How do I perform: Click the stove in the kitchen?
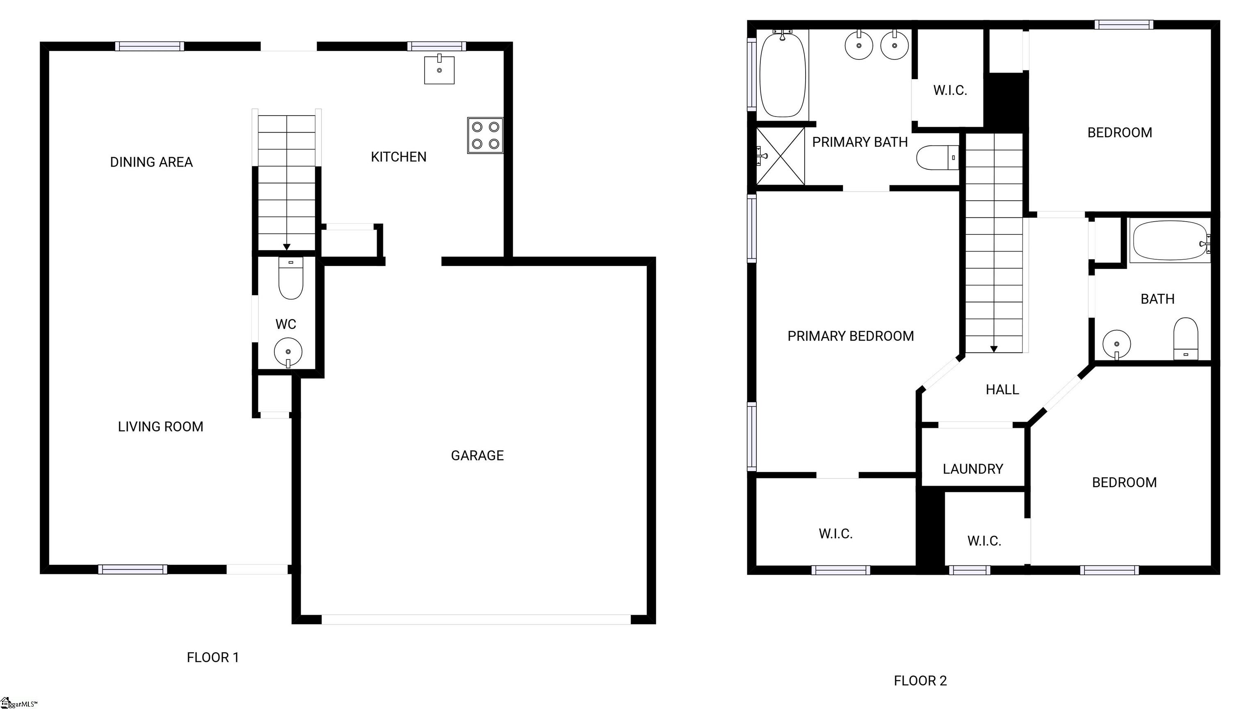tap(485, 135)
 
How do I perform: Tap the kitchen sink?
tap(439, 69)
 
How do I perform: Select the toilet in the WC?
tap(290, 279)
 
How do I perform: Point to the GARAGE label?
tap(477, 455)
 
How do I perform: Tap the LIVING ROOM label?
tap(160, 427)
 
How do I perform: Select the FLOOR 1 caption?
tap(213, 657)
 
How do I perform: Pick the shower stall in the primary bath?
tap(781, 156)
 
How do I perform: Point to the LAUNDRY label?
tap(973, 469)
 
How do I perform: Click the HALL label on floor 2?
tap(1002, 389)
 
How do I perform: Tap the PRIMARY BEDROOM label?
tap(851, 336)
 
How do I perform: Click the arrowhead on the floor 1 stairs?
tap(287, 247)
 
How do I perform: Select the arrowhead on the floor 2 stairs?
tap(994, 349)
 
